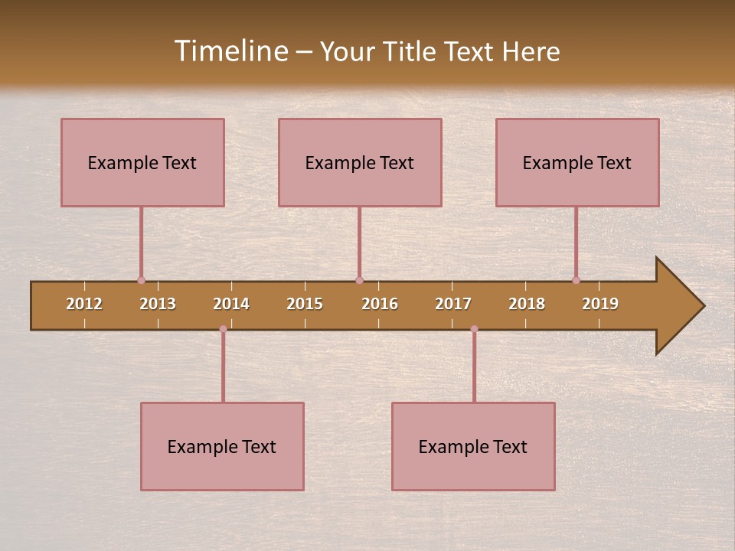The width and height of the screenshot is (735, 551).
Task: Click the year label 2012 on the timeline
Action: click(84, 304)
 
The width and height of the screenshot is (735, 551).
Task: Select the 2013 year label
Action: click(158, 304)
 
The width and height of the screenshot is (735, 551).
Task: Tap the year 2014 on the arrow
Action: click(231, 304)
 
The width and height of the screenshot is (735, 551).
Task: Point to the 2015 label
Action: click(305, 304)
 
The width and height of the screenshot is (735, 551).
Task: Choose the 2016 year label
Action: click(380, 304)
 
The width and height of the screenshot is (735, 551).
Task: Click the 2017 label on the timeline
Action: click(453, 304)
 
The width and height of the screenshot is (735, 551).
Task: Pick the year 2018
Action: click(527, 304)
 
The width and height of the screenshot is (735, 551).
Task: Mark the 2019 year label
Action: click(600, 304)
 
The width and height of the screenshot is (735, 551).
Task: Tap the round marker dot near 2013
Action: click(141, 280)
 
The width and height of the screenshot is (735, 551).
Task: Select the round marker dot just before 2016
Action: click(359, 280)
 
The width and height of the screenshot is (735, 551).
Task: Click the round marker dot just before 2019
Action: click(576, 280)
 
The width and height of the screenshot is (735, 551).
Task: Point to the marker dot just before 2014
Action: click(223, 329)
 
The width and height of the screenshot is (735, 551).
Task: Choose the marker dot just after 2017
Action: click(474, 329)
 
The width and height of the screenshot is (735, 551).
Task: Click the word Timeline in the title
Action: click(230, 51)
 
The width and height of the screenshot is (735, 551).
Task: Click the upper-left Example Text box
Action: click(142, 162)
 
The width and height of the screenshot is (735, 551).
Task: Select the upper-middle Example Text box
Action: click(360, 162)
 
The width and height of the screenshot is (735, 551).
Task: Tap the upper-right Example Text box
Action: click(577, 162)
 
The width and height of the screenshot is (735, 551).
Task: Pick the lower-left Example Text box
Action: click(222, 446)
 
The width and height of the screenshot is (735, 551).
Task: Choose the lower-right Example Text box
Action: click(473, 446)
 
